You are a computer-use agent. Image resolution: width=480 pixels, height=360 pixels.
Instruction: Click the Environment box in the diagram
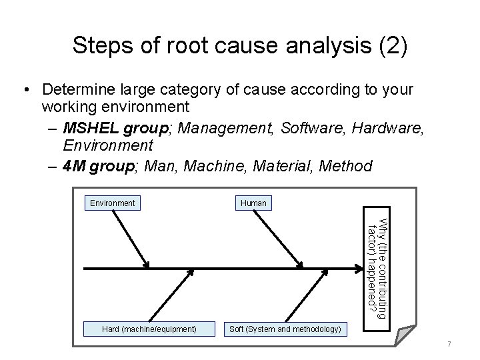[112, 203]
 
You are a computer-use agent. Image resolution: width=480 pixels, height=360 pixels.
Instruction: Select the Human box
[253, 203]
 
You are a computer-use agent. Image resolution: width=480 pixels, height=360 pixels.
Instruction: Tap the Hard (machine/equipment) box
[149, 329]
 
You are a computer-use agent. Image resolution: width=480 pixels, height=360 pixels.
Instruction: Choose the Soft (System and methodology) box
[285, 329]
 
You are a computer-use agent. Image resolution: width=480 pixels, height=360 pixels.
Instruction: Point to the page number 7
[449, 344]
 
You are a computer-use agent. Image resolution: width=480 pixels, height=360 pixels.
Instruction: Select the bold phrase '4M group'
[95, 165]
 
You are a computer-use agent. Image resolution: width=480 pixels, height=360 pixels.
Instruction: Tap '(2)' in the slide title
[387, 45]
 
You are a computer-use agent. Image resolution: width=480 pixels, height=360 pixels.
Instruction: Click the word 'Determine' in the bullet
[78, 89]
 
